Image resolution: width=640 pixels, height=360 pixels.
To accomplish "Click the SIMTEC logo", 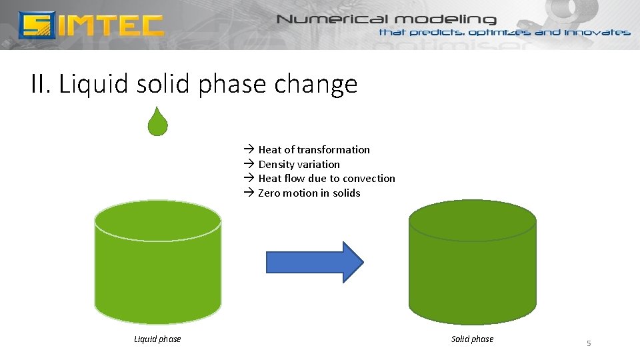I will tap(91, 25).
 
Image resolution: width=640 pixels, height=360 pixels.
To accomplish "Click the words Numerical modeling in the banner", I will tap(387, 19).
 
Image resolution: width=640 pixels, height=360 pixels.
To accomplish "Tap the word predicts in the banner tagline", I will tap(437, 32).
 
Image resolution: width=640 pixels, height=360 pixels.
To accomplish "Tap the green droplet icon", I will tap(157, 122).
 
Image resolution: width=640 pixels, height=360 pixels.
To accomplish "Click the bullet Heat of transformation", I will tap(313, 149).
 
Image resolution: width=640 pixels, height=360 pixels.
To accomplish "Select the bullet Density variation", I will tap(299, 164).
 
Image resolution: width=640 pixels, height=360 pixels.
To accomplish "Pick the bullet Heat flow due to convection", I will tap(326, 178).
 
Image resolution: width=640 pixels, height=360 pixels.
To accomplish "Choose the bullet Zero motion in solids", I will tap(309, 193).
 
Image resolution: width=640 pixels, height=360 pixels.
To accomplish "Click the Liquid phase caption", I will tap(157, 339).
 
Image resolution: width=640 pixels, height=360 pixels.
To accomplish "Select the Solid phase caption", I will tap(472, 339).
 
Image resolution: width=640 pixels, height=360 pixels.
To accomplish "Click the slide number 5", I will tap(589, 343).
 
